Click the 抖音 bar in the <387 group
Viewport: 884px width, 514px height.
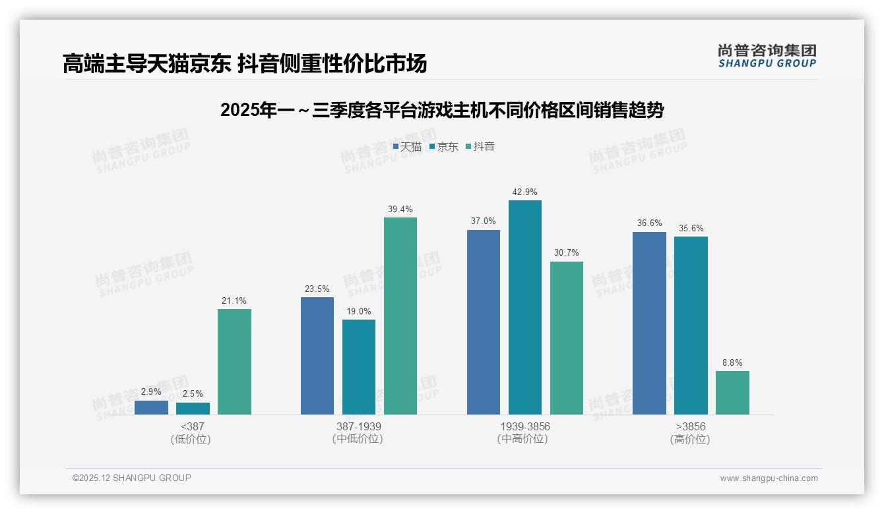pos(234,362)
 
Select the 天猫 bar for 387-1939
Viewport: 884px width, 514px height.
pos(317,356)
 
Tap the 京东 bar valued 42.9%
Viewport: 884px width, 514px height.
pos(525,307)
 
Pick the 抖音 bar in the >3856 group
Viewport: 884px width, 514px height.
pos(732,393)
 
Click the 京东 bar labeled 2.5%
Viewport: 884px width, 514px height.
pos(193,409)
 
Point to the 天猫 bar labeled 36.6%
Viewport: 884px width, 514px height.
pos(649,323)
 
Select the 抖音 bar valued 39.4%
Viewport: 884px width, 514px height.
pos(400,316)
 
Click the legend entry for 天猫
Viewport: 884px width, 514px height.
pos(407,147)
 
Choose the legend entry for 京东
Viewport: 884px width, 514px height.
pos(443,147)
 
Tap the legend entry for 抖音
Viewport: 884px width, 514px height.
pos(480,147)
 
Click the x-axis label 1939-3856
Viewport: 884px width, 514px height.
pos(524,427)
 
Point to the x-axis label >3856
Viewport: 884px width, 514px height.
pos(690,427)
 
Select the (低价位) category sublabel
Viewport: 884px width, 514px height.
pos(191,440)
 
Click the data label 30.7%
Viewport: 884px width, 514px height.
pos(566,253)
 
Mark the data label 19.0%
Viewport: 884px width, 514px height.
pos(359,311)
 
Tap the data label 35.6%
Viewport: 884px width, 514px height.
pos(691,229)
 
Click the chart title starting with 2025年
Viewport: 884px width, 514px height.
pos(441,110)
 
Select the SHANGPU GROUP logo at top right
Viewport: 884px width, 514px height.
pos(767,56)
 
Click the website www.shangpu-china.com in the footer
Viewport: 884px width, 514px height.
pos(769,478)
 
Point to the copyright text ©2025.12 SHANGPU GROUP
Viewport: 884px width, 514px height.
pos(132,478)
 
